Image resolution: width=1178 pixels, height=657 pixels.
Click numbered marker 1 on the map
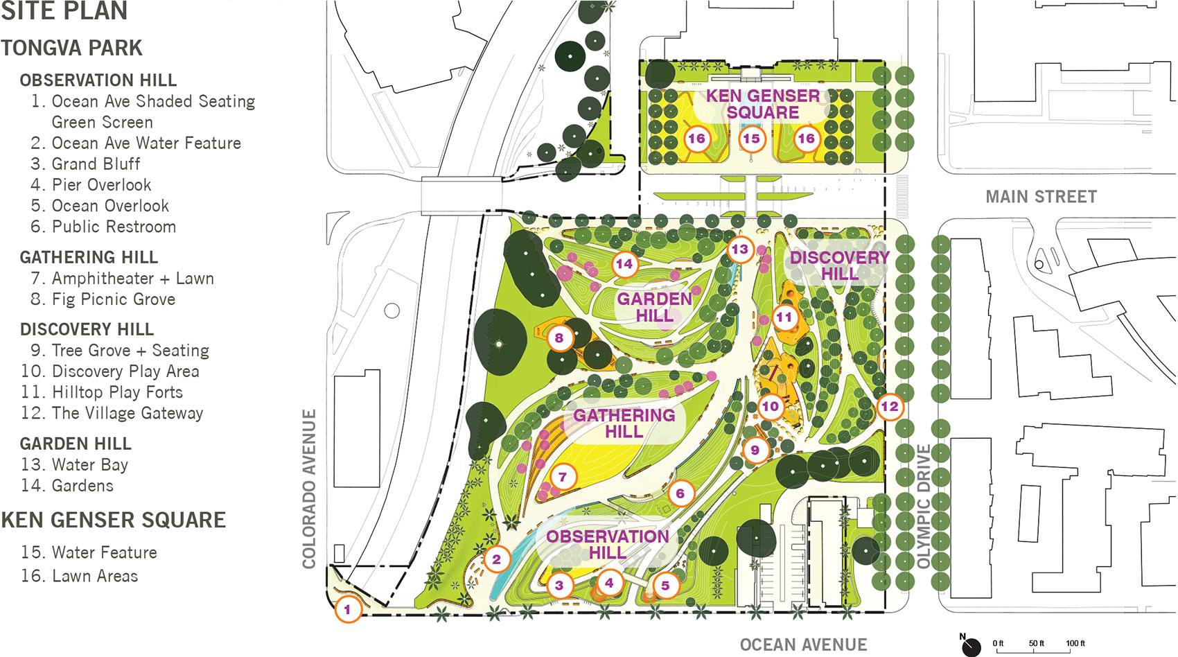(x=348, y=610)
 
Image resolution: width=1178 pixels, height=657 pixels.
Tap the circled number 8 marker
(x=559, y=338)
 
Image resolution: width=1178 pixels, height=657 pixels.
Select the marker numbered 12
(x=890, y=407)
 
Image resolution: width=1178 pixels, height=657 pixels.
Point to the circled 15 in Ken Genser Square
(x=752, y=139)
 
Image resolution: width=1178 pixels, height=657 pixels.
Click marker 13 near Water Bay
(x=740, y=249)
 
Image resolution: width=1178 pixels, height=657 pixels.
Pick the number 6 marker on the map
(x=680, y=493)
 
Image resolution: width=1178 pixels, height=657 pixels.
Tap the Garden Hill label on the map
(x=654, y=307)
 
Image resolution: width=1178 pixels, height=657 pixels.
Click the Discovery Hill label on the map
(x=839, y=265)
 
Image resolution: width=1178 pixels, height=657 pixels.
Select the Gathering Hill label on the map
(x=624, y=423)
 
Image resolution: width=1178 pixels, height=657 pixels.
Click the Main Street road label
(x=1041, y=197)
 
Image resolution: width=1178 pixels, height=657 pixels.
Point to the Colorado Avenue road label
(x=309, y=489)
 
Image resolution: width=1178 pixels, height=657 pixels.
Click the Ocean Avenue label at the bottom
(x=803, y=645)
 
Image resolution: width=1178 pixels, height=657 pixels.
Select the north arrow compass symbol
(x=971, y=645)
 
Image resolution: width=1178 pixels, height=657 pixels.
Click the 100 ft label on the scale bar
(x=1075, y=643)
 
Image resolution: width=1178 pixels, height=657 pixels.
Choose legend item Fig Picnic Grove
(x=113, y=299)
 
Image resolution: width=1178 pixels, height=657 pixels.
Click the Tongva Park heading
(x=72, y=48)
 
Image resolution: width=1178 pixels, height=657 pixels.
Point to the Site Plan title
(x=64, y=11)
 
